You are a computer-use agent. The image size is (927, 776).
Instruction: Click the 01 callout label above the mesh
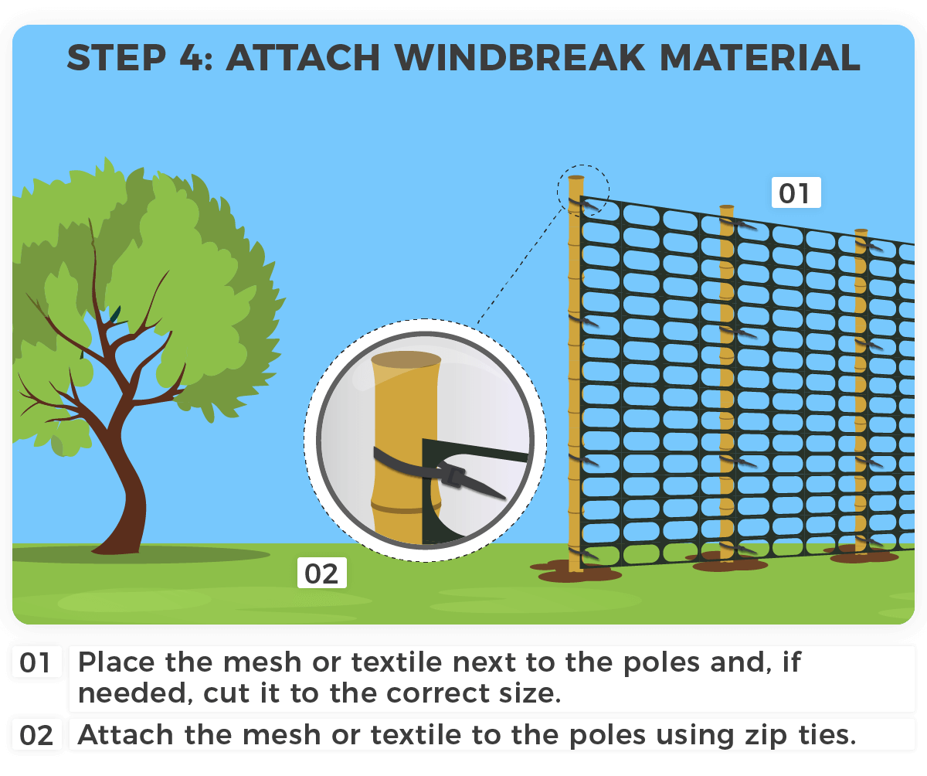point(795,192)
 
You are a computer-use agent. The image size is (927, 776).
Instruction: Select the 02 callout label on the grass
point(321,573)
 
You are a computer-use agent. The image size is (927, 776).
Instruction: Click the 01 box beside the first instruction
point(36,664)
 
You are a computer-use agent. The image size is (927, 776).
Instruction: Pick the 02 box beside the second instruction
point(36,735)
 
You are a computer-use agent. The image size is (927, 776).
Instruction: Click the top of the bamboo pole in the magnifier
point(406,360)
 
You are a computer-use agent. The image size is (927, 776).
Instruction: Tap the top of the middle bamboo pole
point(726,209)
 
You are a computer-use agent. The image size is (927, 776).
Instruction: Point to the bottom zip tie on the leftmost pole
point(581,553)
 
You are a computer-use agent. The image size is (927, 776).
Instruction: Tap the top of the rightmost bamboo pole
point(861,232)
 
